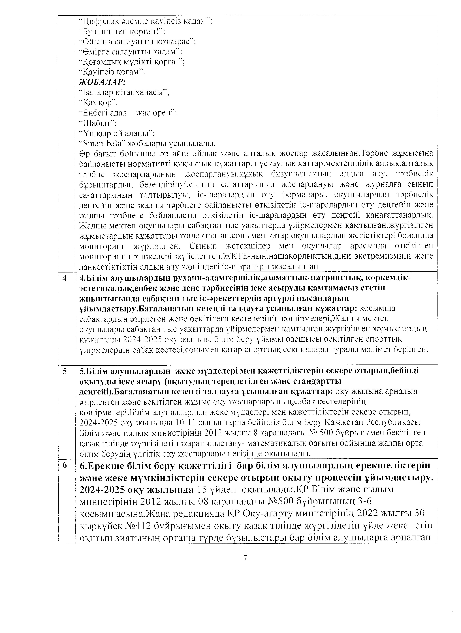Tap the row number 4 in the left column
pyautogui.click(x=65, y=278)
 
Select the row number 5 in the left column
pyautogui.click(x=65, y=371)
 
